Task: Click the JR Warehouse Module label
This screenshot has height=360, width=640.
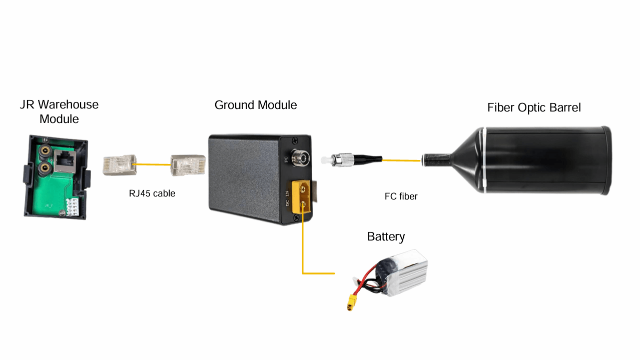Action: coord(59,111)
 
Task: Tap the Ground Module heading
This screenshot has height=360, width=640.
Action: coord(255,105)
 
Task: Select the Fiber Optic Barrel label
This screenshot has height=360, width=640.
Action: coord(534,107)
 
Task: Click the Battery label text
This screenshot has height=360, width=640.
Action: coord(386,236)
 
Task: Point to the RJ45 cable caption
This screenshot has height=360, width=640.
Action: coord(152,193)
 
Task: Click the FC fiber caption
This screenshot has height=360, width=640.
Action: coord(401,196)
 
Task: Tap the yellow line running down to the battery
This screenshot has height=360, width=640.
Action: coord(303,250)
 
